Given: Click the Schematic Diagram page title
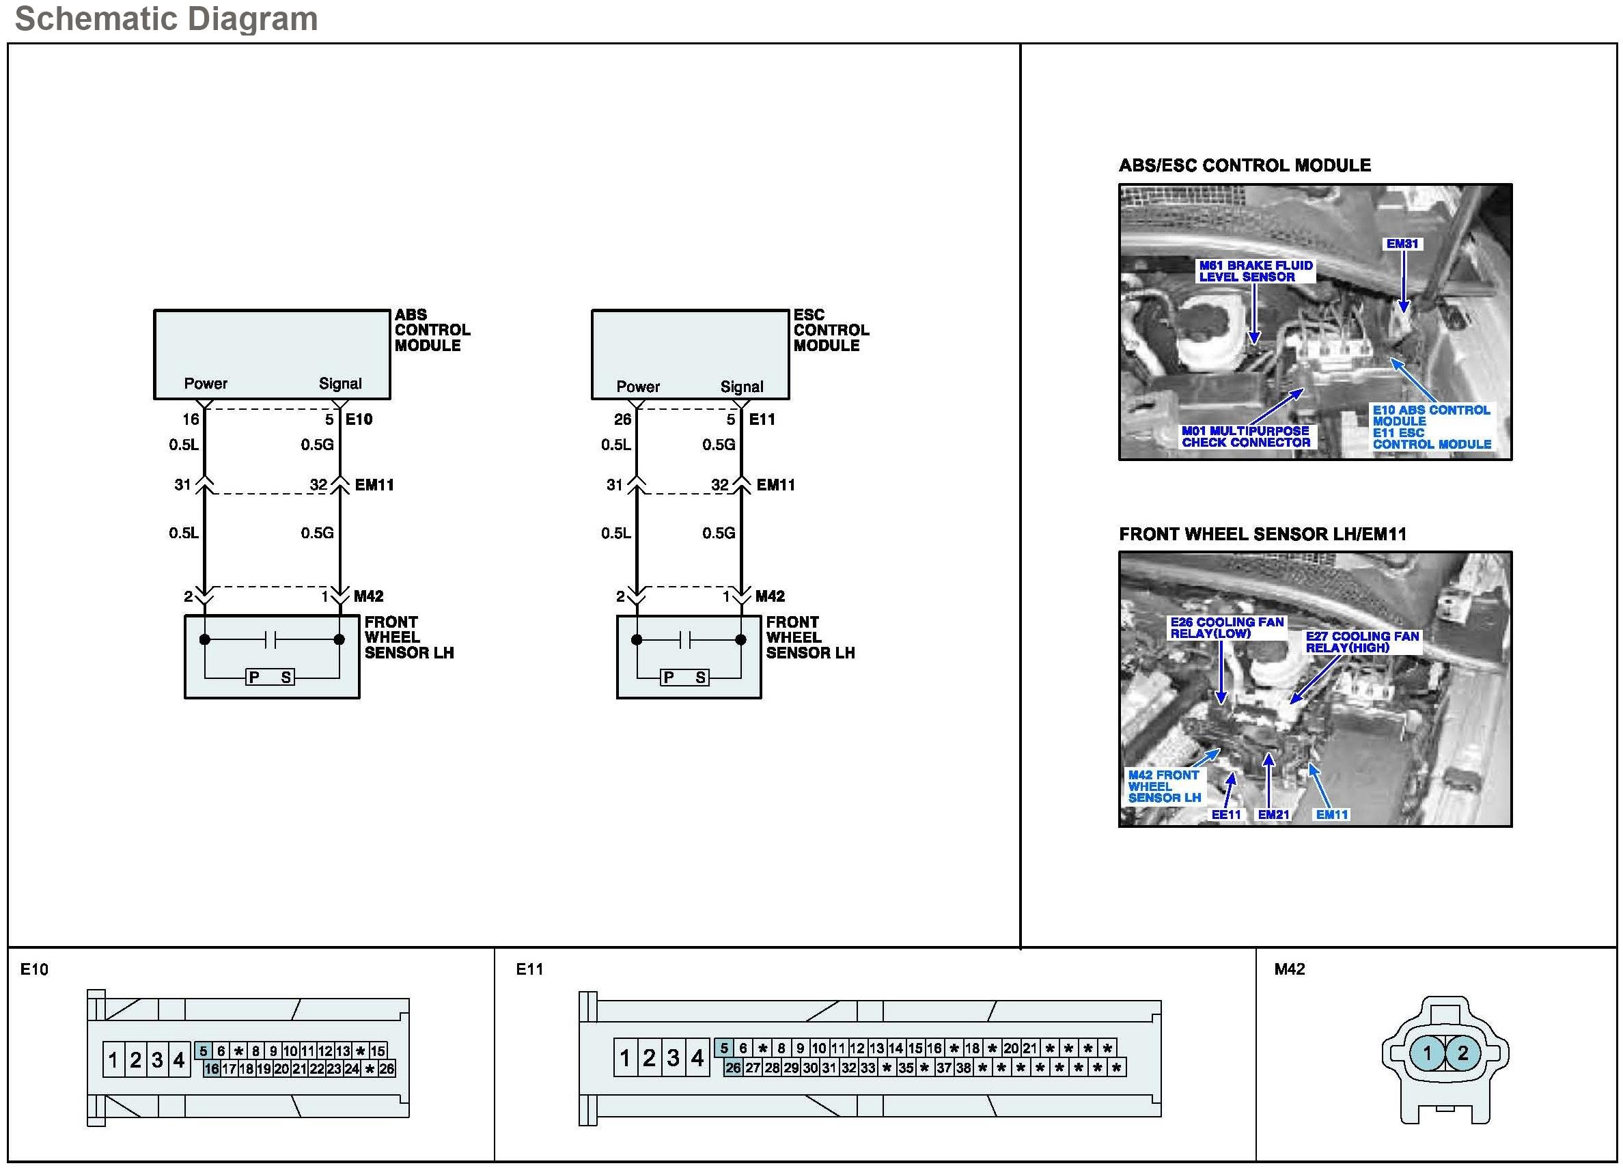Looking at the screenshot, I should (x=166, y=18).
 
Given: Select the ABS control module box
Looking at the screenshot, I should (x=272, y=354).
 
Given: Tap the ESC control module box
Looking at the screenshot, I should (x=690, y=354).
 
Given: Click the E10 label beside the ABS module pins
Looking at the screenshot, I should (x=359, y=419).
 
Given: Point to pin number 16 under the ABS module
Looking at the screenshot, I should (x=191, y=419).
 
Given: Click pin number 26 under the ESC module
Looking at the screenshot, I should (x=622, y=419).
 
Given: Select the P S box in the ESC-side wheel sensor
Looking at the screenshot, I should (x=685, y=677).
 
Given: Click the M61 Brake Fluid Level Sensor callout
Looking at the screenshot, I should (x=1256, y=271).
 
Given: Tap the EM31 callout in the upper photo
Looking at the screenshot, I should (x=1402, y=244).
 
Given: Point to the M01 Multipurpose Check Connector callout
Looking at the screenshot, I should (x=1246, y=436).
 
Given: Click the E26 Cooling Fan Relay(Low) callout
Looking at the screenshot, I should (x=1227, y=628).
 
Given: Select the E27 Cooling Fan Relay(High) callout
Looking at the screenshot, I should (x=1362, y=641).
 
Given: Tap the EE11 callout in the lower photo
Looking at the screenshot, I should (x=1226, y=814).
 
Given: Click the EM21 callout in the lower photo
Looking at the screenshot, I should (x=1274, y=814).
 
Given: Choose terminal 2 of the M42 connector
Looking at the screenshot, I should (x=1462, y=1053).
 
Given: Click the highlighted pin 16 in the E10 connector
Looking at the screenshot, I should (x=211, y=1068).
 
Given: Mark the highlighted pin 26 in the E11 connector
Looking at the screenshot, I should (x=733, y=1068).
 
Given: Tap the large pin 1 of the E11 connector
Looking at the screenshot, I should (x=625, y=1058).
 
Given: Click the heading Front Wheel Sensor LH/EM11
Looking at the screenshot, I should (x=1262, y=534).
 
